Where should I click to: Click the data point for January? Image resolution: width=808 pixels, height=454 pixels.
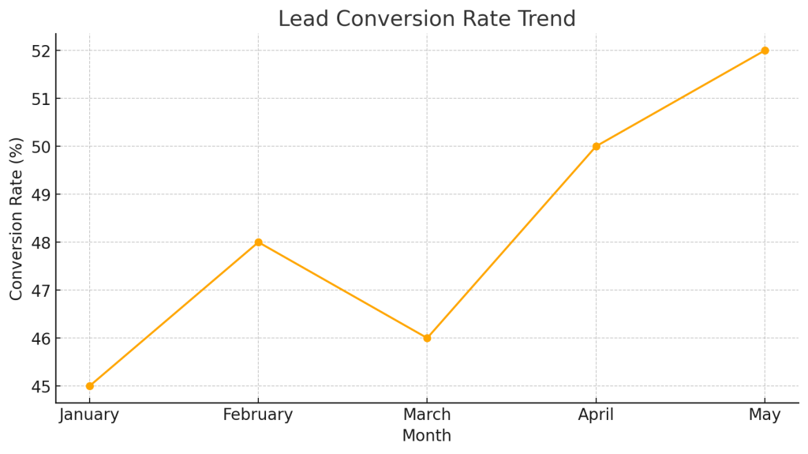pyautogui.click(x=89, y=386)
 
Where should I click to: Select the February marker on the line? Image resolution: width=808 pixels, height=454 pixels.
pyautogui.click(x=258, y=242)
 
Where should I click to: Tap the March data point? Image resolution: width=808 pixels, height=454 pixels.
pyautogui.click(x=427, y=338)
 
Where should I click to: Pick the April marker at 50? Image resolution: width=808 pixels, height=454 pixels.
pyautogui.click(x=596, y=146)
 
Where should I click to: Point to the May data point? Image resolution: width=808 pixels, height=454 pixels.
pyautogui.click(x=765, y=51)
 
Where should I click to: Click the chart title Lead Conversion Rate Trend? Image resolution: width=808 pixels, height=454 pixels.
pyautogui.click(x=427, y=19)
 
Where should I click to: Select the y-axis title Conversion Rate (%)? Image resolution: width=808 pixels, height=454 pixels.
pyautogui.click(x=17, y=218)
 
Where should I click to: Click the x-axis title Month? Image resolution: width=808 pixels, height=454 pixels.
pyautogui.click(x=427, y=436)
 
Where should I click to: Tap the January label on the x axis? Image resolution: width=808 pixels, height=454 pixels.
pyautogui.click(x=89, y=415)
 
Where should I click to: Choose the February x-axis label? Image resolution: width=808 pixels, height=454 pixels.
pyautogui.click(x=258, y=415)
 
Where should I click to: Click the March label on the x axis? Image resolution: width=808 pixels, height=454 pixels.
pyautogui.click(x=427, y=415)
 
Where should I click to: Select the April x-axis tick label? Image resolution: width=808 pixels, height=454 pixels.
pyautogui.click(x=596, y=415)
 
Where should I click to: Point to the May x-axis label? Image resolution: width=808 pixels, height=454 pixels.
pyautogui.click(x=765, y=415)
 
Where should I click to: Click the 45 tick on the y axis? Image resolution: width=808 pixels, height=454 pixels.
pyautogui.click(x=39, y=387)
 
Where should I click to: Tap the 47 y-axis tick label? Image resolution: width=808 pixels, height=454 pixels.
pyautogui.click(x=39, y=291)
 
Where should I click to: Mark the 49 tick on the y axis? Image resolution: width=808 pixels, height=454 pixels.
pyautogui.click(x=39, y=195)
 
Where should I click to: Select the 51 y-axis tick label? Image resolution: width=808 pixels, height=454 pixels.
pyautogui.click(x=39, y=99)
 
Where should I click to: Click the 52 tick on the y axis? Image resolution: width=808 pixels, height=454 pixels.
pyautogui.click(x=39, y=51)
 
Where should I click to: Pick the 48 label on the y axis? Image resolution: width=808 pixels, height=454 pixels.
pyautogui.click(x=39, y=242)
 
